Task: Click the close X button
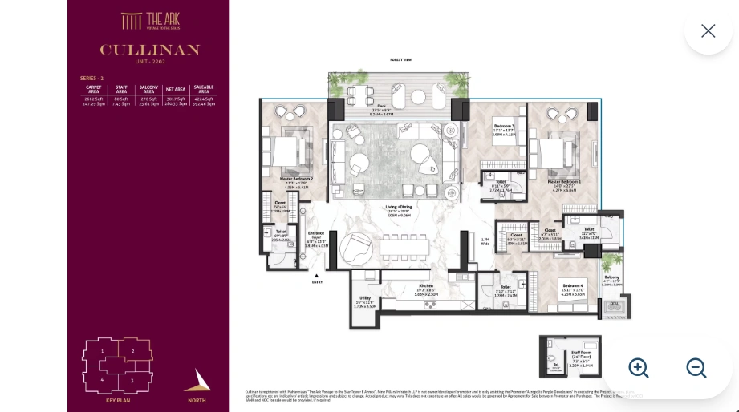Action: (708, 30)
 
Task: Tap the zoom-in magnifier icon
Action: (639, 368)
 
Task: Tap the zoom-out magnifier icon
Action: (696, 368)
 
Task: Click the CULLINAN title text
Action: (149, 50)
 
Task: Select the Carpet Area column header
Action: (94, 90)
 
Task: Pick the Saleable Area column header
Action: (203, 90)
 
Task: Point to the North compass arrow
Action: (197, 381)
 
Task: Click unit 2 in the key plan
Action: (132, 351)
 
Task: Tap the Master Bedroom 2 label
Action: (296, 179)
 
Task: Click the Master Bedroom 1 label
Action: (565, 183)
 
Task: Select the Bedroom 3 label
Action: (504, 127)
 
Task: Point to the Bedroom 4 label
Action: (573, 286)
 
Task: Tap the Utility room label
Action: (365, 297)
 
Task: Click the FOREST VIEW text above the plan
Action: (400, 60)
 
